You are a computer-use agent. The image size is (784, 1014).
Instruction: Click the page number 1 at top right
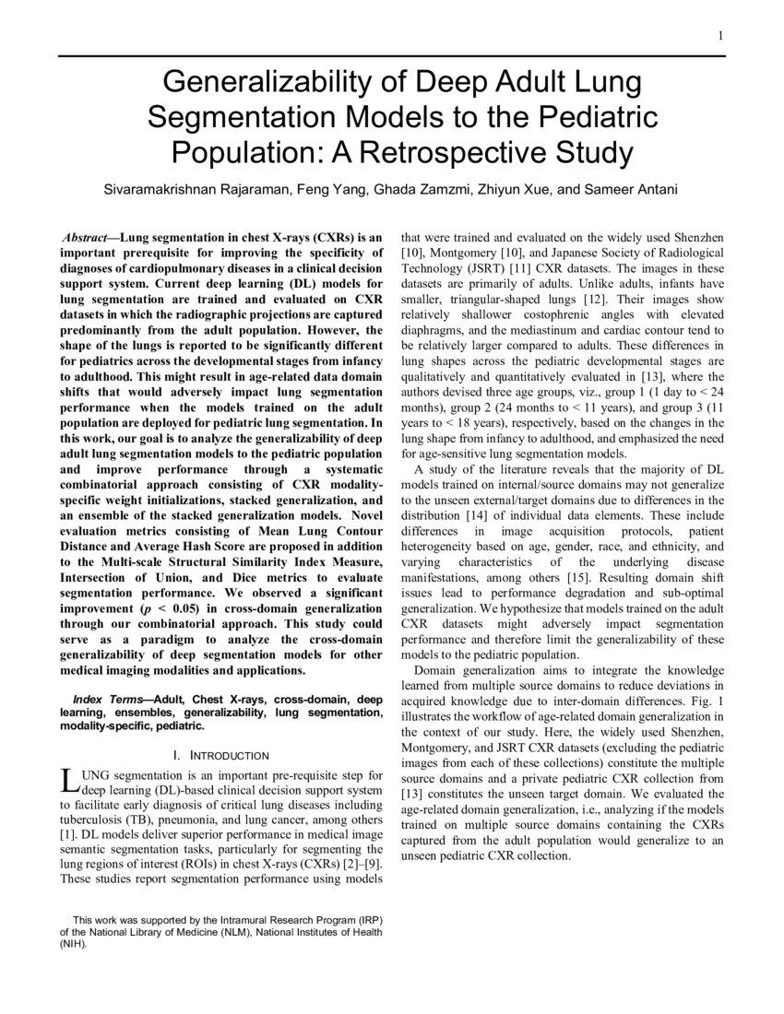coord(719,36)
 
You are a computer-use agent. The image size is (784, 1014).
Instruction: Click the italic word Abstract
coord(87,237)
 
